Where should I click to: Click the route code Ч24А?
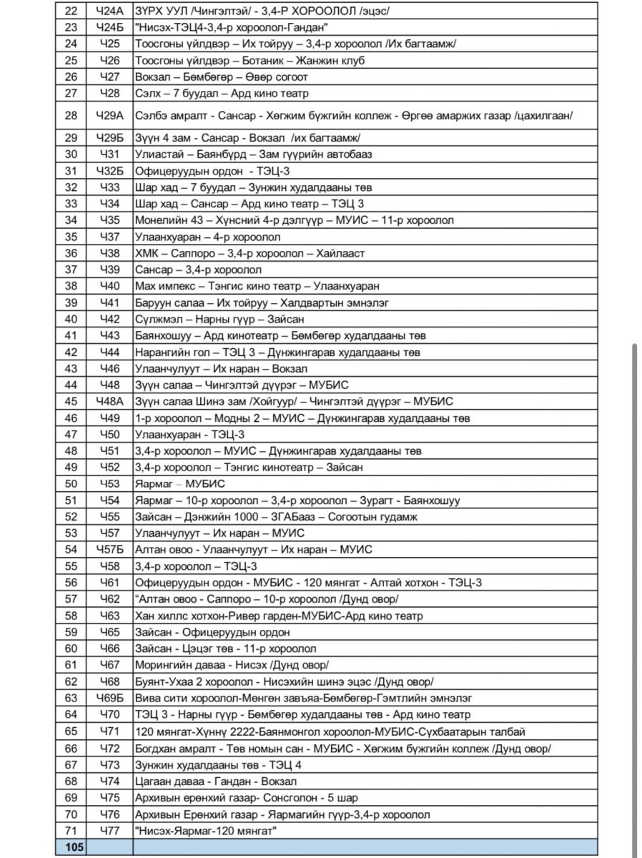pyautogui.click(x=109, y=11)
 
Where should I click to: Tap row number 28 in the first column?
pyautogui.click(x=71, y=116)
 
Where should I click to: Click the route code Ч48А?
pyautogui.click(x=109, y=402)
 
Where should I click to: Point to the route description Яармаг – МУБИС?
pyautogui.click(x=179, y=484)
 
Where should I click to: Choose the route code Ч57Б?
pyautogui.click(x=109, y=550)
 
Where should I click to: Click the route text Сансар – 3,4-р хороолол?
pyautogui.click(x=198, y=270)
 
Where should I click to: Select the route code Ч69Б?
pyautogui.click(x=109, y=698)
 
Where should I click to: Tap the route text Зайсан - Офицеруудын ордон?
pyautogui.click(x=212, y=632)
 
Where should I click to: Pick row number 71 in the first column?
pyautogui.click(x=71, y=830)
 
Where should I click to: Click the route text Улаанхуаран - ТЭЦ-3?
pyautogui.click(x=189, y=435)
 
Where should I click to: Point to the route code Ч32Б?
pyautogui.click(x=109, y=171)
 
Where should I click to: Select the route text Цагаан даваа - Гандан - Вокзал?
pyautogui.click(x=215, y=781)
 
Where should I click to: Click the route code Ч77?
pyautogui.click(x=109, y=830)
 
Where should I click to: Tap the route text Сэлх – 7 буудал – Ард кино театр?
pyautogui.click(x=222, y=94)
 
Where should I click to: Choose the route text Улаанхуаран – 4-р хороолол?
pyautogui.click(x=207, y=237)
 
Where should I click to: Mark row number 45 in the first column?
pyautogui.click(x=71, y=402)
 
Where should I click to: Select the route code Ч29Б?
pyautogui.click(x=109, y=138)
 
